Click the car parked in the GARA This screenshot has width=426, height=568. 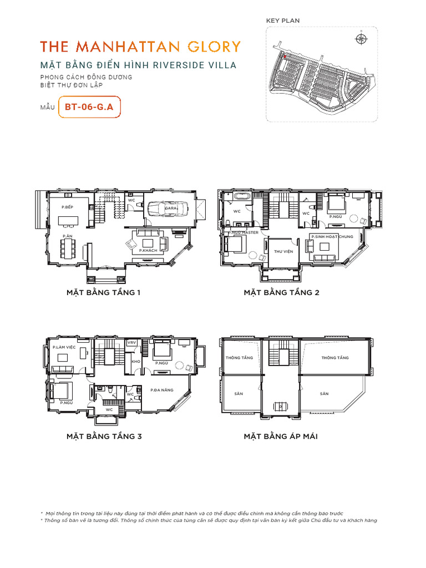166,208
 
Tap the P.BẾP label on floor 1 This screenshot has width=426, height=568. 68,207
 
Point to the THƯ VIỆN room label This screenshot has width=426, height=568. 282,251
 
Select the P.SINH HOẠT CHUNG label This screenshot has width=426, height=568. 332,237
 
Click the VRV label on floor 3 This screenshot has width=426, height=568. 132,343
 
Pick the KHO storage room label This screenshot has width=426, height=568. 135,362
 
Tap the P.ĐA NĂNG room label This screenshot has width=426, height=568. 162,390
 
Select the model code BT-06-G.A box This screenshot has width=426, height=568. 89,107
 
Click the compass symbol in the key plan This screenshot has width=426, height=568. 361,38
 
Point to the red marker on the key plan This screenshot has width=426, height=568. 285,56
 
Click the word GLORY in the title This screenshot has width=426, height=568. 214,46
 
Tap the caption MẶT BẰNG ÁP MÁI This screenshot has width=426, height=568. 281,437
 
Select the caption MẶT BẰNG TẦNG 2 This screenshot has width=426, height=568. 281,292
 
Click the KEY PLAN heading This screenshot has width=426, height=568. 283,21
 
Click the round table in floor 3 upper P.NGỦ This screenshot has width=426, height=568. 180,364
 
